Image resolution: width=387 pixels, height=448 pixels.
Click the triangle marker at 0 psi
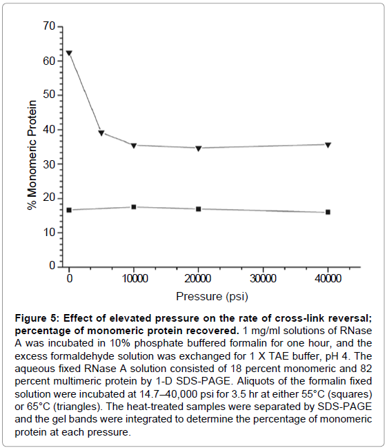[69, 53]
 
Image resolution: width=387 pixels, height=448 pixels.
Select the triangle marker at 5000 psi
[101, 133]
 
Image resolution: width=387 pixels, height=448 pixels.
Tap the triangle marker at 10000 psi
[134, 146]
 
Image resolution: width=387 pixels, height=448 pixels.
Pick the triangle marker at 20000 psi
[199, 148]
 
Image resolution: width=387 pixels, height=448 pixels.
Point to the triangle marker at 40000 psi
[328, 145]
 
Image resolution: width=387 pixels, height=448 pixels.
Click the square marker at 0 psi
[69, 210]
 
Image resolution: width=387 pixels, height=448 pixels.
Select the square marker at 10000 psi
[134, 207]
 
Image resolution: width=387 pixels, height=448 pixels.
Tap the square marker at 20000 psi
[199, 209]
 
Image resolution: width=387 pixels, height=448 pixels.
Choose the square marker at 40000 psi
[328, 212]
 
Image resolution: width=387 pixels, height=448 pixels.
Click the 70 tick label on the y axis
[49, 26]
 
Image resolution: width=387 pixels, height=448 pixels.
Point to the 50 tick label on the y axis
[49, 95]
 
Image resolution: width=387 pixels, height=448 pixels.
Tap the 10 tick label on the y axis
[49, 233]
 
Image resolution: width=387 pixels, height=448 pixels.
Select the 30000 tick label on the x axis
[263, 278]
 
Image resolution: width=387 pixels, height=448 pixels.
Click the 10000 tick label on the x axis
[135, 278]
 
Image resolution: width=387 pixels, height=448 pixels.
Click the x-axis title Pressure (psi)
[212, 297]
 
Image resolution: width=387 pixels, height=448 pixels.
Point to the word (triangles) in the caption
[77, 407]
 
